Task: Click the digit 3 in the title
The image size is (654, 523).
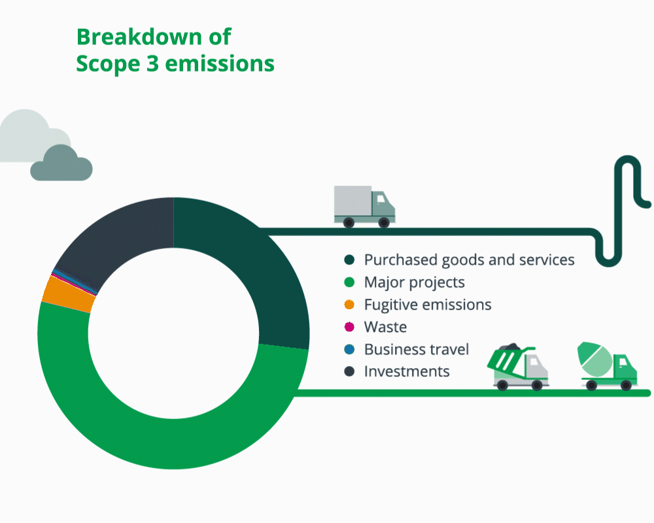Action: [x=152, y=63]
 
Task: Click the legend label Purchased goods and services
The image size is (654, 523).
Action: [x=469, y=260]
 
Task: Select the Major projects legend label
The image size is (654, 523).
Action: [x=414, y=282]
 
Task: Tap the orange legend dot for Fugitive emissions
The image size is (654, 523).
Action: [x=349, y=305]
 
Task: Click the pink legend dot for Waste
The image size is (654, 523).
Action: [x=349, y=327]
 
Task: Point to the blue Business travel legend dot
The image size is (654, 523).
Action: [x=349, y=349]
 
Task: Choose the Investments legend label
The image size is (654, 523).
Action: [x=407, y=371]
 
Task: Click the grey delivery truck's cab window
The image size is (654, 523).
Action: [x=381, y=199]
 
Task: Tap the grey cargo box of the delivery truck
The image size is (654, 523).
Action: [x=353, y=201]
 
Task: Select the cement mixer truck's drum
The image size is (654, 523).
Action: [x=594, y=359]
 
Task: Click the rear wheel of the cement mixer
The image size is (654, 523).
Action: [x=591, y=385]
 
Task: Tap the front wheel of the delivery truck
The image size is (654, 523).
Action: [x=384, y=222]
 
